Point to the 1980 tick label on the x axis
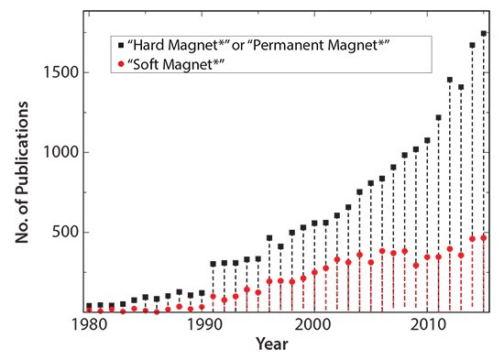tap(89, 325)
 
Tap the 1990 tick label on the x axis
tap(202, 325)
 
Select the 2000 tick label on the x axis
tap(314, 325)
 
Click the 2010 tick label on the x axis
tap(427, 325)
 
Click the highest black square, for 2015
tap(483, 33)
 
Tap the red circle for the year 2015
tap(483, 238)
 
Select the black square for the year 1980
tap(89, 306)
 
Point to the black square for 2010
tap(427, 141)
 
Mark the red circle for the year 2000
tap(314, 272)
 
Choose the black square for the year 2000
tap(314, 223)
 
